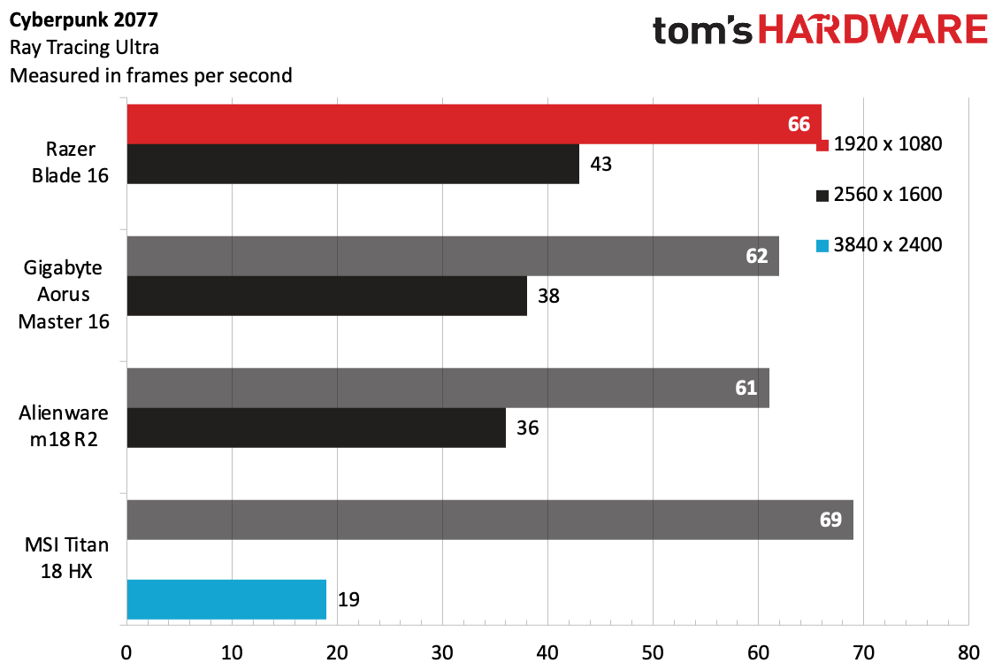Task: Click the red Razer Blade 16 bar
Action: point(474,124)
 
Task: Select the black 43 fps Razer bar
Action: point(353,165)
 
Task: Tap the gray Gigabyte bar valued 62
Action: point(453,256)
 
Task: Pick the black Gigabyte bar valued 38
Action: point(327,297)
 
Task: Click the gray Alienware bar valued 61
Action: point(448,388)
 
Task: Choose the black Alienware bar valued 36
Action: point(317,428)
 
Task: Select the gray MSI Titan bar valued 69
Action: point(490,520)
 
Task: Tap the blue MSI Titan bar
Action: point(227,599)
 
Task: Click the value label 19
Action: point(349,599)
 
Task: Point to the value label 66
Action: point(799,124)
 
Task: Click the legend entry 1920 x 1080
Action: point(879,144)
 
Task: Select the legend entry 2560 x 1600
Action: point(879,195)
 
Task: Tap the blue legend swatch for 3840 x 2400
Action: point(822,245)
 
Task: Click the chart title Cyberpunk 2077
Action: point(84,20)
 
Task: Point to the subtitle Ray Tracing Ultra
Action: point(84,48)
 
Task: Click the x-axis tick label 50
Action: point(653,653)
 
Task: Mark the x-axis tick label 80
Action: point(968,653)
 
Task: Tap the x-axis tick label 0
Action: point(126,653)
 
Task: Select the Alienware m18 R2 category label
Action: point(64,426)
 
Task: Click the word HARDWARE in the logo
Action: point(873,30)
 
